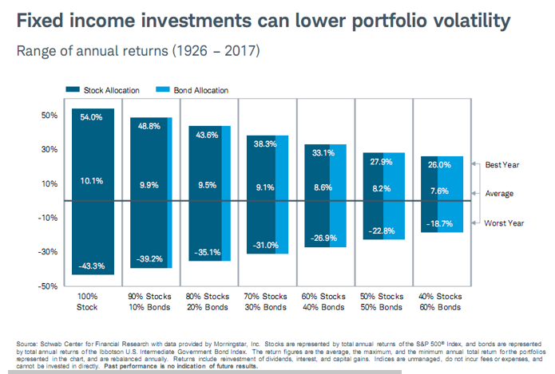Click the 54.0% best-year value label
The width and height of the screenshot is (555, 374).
(x=93, y=117)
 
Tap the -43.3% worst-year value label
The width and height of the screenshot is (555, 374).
(x=93, y=266)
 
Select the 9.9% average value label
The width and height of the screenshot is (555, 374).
(x=149, y=185)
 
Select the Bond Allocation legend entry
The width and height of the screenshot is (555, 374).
(x=196, y=90)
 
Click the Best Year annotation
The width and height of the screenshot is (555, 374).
(x=504, y=164)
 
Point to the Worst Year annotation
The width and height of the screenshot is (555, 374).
(x=505, y=224)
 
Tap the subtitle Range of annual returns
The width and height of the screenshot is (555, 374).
(x=96, y=53)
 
